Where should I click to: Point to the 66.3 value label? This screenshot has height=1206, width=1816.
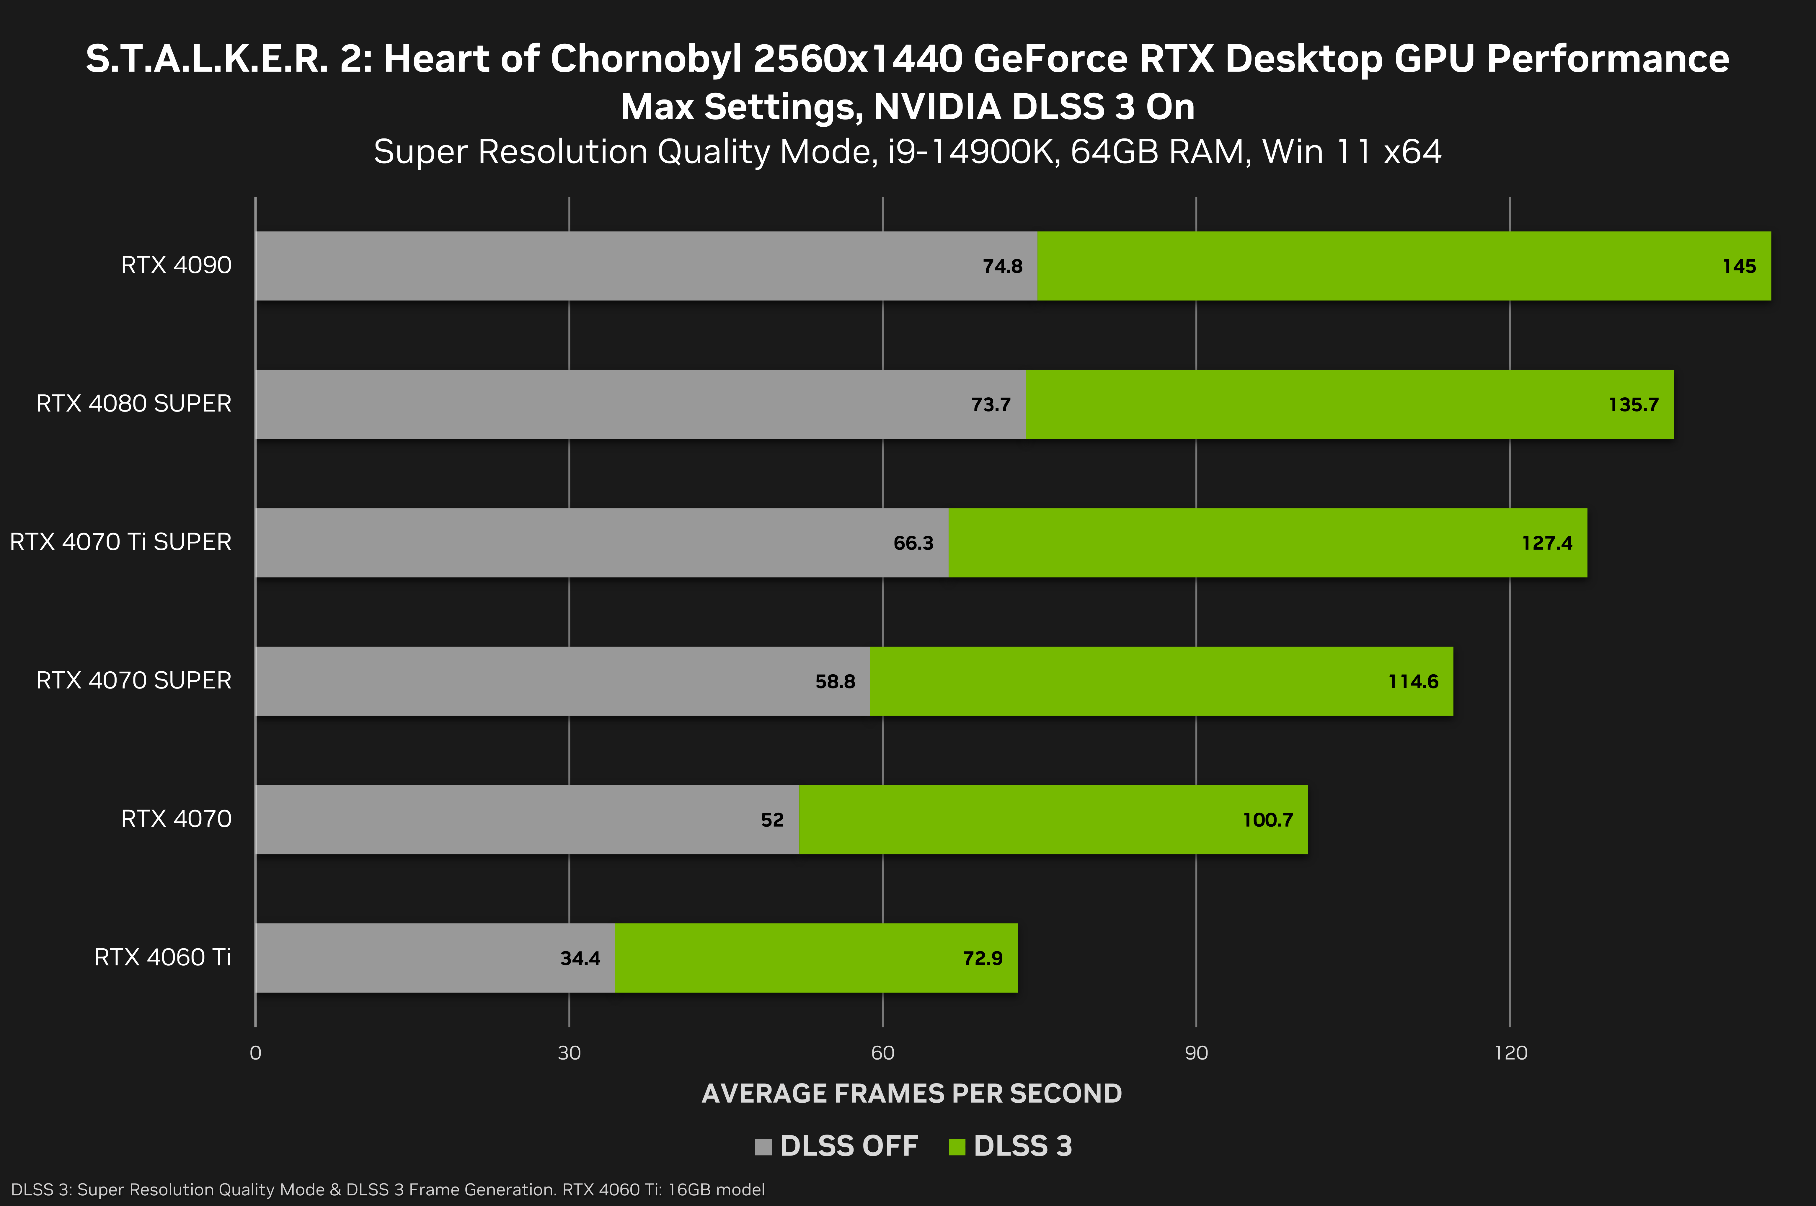coord(913,543)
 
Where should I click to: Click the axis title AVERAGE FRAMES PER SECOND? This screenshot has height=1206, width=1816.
coord(911,1093)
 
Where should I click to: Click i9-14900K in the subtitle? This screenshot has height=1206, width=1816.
coord(971,151)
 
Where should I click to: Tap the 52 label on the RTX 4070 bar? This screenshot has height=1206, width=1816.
coord(772,820)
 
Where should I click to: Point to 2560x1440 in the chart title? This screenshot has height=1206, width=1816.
coord(858,59)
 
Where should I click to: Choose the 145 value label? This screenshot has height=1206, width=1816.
coord(1739,266)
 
